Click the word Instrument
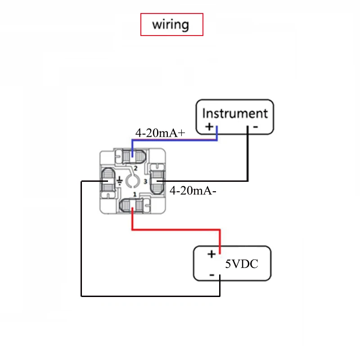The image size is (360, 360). [234, 113]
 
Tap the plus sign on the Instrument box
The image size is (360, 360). [209, 126]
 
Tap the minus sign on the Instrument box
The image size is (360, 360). [255, 127]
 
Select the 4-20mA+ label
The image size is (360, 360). [161, 133]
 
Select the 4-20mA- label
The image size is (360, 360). [193, 191]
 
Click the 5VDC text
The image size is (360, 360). [242, 265]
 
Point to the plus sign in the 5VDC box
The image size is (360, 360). [211, 255]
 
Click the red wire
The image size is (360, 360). [175, 230]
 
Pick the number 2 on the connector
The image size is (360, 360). [135, 168]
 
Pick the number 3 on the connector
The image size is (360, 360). [145, 181]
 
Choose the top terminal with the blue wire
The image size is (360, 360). [133, 156]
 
